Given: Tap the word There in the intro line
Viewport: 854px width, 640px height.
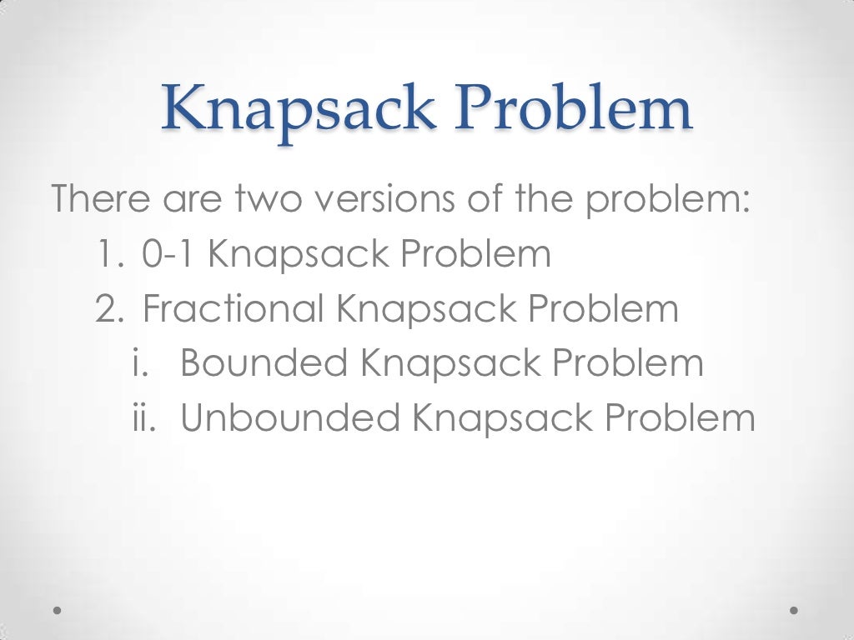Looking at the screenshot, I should (x=102, y=199).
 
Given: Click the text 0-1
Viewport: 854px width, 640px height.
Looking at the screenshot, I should (x=169, y=254).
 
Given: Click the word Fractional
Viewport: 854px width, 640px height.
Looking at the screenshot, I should (x=234, y=309).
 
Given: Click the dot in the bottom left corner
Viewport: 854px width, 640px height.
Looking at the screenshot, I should (x=58, y=611).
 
